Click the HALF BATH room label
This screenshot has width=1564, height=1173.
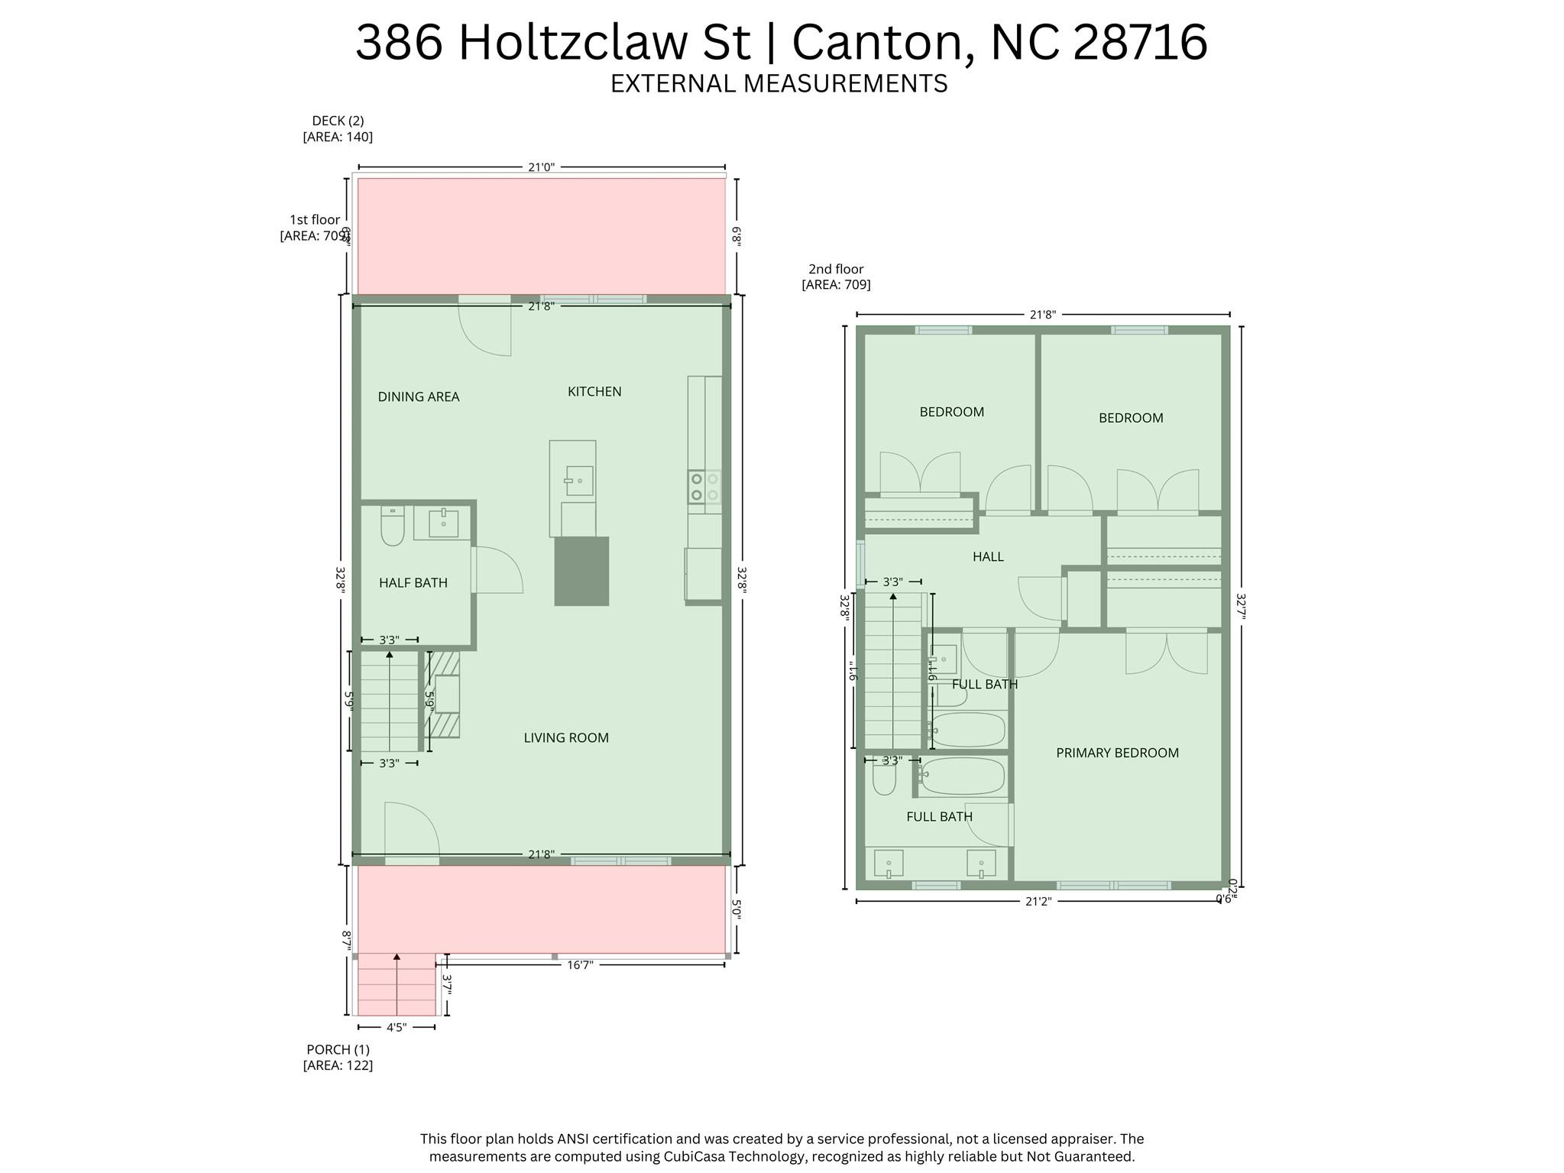413,582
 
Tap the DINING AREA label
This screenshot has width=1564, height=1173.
419,397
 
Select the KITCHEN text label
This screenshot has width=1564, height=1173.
594,391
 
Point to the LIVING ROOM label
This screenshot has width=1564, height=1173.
566,737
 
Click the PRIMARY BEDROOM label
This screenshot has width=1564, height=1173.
1117,753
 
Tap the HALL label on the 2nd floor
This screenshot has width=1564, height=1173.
988,557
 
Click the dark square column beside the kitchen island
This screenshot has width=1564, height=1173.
581,571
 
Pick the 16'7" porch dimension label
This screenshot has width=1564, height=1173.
580,964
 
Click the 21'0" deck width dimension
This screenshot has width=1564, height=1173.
541,167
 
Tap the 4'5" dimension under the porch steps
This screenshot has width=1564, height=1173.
396,1028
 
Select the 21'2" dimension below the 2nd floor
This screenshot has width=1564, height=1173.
1038,901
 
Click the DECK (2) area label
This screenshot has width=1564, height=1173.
338,128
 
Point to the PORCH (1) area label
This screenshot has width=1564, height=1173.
338,1058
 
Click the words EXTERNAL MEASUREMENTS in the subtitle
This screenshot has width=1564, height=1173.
779,83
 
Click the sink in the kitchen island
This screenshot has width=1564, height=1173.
579,481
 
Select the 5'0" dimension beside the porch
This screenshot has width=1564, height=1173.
737,909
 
